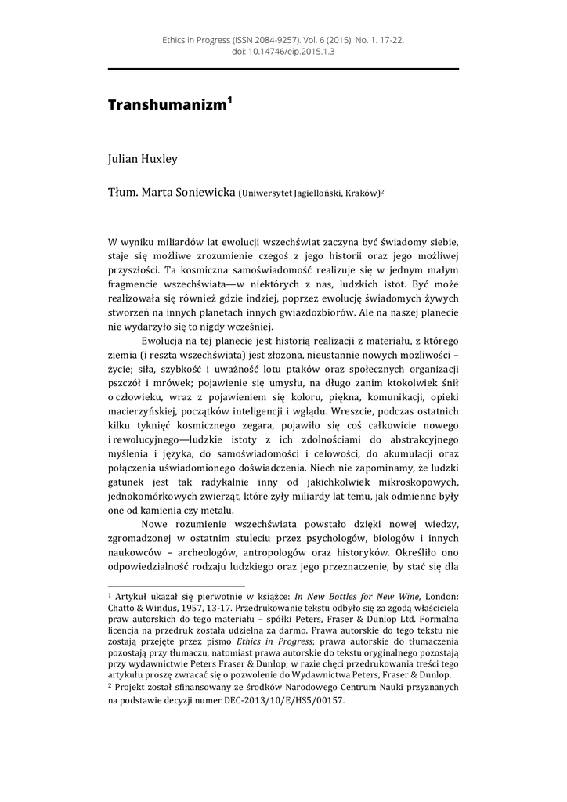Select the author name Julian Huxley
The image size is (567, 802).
pos(143,159)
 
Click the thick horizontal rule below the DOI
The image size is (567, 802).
pos(283,70)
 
